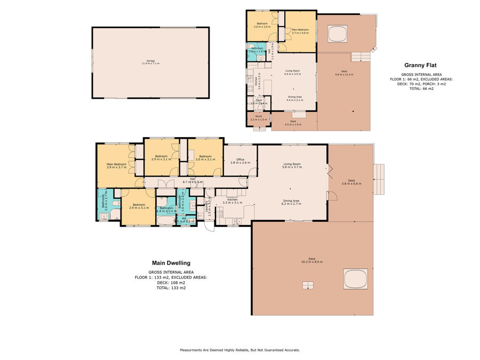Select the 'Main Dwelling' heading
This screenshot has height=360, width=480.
(171, 263)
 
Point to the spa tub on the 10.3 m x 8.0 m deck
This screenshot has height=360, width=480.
(355, 278)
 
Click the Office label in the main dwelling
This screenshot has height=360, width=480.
(240, 161)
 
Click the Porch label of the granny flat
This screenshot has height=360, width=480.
(258, 118)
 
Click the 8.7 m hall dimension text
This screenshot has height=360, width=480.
(193, 182)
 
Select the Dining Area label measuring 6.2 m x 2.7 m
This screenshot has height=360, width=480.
(292, 202)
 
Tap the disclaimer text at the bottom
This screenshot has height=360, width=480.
(240, 350)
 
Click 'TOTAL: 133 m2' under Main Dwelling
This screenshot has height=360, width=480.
(171, 287)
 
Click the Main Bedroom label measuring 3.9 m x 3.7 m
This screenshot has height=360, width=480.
(116, 165)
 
